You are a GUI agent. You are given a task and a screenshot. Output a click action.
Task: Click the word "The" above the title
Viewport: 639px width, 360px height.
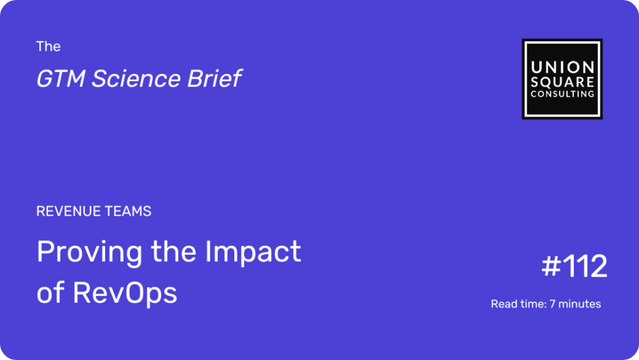point(48,47)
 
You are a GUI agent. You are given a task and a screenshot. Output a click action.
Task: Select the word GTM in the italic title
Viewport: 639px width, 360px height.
point(61,79)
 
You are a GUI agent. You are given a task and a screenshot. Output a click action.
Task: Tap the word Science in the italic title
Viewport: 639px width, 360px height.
point(136,79)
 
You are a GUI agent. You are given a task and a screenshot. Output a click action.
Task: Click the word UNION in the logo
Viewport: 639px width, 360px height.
point(562,67)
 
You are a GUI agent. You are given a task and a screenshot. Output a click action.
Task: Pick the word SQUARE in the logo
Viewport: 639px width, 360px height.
point(562,82)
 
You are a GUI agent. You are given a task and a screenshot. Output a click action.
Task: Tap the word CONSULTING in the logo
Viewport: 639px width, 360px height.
point(562,94)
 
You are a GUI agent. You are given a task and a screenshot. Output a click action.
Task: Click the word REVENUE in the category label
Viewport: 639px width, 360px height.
point(68,212)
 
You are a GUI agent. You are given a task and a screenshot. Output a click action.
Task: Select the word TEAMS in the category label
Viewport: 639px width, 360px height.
point(128,212)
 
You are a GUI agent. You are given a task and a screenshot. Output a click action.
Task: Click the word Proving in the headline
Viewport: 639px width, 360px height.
point(89,252)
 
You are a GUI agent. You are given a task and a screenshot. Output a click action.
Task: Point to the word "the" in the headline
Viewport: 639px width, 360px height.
point(174,252)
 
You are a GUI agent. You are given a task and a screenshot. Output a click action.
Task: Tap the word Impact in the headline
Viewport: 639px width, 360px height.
point(253,252)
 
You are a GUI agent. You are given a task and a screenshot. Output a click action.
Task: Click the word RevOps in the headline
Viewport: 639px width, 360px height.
point(125,293)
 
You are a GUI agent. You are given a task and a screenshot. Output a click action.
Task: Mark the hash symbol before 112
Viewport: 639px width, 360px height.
point(551,266)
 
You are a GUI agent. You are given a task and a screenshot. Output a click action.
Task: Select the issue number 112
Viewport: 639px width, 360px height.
point(585,266)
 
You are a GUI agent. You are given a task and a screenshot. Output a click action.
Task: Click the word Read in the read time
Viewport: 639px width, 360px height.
point(503,304)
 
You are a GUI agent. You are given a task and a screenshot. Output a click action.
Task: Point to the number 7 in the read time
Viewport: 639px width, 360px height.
point(552,304)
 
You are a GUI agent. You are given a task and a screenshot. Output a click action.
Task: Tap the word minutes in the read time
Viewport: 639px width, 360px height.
point(580,304)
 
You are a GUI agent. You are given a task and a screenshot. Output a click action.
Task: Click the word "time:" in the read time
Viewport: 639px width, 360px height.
point(531,304)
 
